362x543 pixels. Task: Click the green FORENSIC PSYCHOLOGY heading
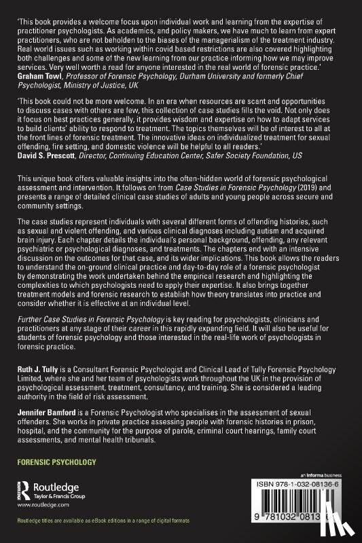point(57,462)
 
